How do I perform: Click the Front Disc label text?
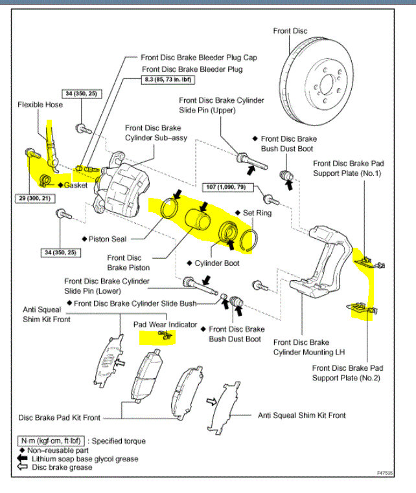point(290,30)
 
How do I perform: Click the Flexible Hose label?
point(40,104)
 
